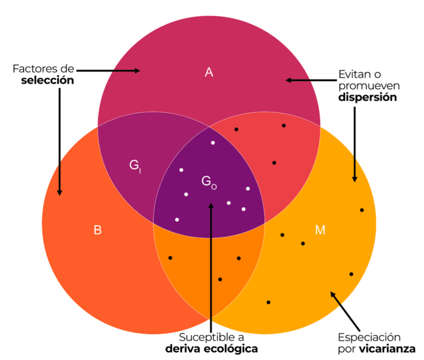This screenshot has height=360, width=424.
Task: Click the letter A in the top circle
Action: tap(209, 72)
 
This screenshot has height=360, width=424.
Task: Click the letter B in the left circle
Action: tap(98, 230)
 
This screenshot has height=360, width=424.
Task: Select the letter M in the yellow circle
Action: tap(320, 230)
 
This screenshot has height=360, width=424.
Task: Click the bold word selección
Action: tap(48, 81)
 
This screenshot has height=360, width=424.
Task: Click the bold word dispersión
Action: tap(368, 97)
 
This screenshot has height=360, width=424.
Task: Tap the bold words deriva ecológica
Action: tap(211, 349)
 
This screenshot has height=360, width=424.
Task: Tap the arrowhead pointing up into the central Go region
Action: tap(211, 203)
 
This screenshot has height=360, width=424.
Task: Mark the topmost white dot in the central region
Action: tap(213, 142)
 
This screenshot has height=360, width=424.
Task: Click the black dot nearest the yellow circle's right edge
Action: tap(362, 210)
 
